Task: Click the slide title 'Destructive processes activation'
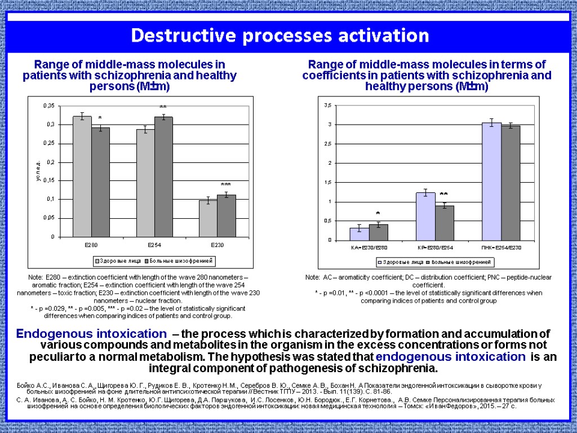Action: point(280,36)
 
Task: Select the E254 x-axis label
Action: point(154,245)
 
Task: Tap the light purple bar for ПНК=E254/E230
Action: point(491,182)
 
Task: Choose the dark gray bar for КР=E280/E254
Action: point(444,223)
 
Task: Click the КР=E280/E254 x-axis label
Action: point(434,248)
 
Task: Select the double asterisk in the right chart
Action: point(443,195)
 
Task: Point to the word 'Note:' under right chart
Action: point(313,277)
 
